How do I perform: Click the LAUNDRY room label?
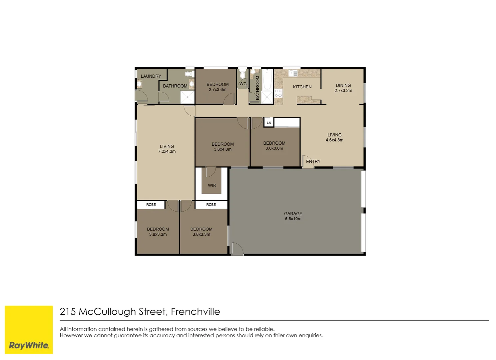click(x=151, y=76)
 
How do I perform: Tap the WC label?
click(x=243, y=84)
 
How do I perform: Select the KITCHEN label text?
click(x=302, y=87)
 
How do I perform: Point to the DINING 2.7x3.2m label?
click(x=343, y=88)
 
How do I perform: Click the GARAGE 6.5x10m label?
click(x=293, y=216)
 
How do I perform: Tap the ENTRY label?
click(x=313, y=161)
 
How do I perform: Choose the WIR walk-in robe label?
click(x=212, y=185)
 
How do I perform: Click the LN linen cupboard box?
click(x=269, y=123)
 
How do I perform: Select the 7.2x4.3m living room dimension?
click(x=167, y=151)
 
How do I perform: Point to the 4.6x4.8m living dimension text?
click(x=334, y=140)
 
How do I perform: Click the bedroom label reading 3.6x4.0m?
click(x=223, y=147)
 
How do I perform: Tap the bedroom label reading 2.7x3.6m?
click(x=218, y=87)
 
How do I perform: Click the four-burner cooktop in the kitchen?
click(x=278, y=93)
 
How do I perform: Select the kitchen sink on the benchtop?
click(x=293, y=73)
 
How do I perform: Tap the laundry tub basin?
click(x=139, y=84)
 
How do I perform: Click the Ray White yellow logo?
click(x=29, y=330)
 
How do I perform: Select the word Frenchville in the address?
click(x=195, y=312)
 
